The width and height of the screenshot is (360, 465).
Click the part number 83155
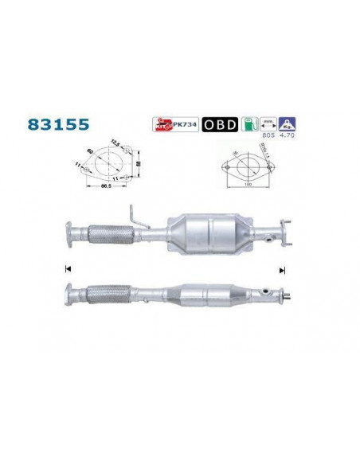tap(58, 126)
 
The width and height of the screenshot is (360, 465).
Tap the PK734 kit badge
tap(170, 125)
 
